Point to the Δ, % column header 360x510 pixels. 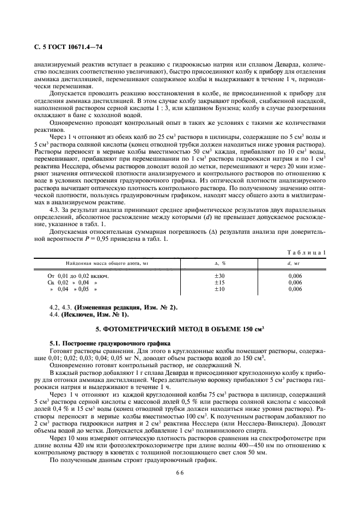click(220, 263)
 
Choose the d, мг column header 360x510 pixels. click(294, 263)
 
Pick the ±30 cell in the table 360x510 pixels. click(220, 276)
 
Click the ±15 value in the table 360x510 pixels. click(220, 282)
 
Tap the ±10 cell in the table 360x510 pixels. click(220, 289)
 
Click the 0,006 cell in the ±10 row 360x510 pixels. click(295, 289)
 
